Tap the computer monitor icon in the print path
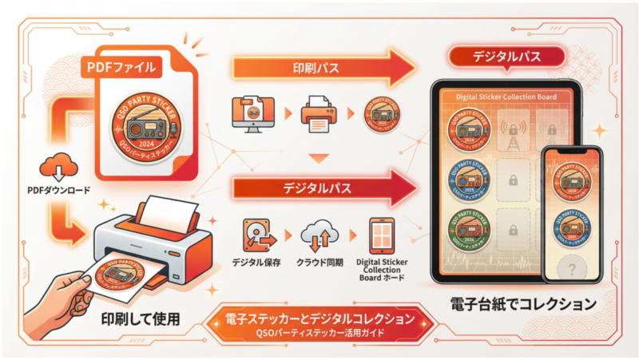pyautogui.click(x=251, y=114)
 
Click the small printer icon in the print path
pyautogui.click(x=317, y=115)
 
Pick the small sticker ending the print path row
pyautogui.click(x=382, y=115)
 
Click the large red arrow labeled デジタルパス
pyautogui.click(x=319, y=189)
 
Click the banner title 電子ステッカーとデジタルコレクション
pyautogui.click(x=319, y=318)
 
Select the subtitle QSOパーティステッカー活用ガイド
pyautogui.click(x=319, y=331)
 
